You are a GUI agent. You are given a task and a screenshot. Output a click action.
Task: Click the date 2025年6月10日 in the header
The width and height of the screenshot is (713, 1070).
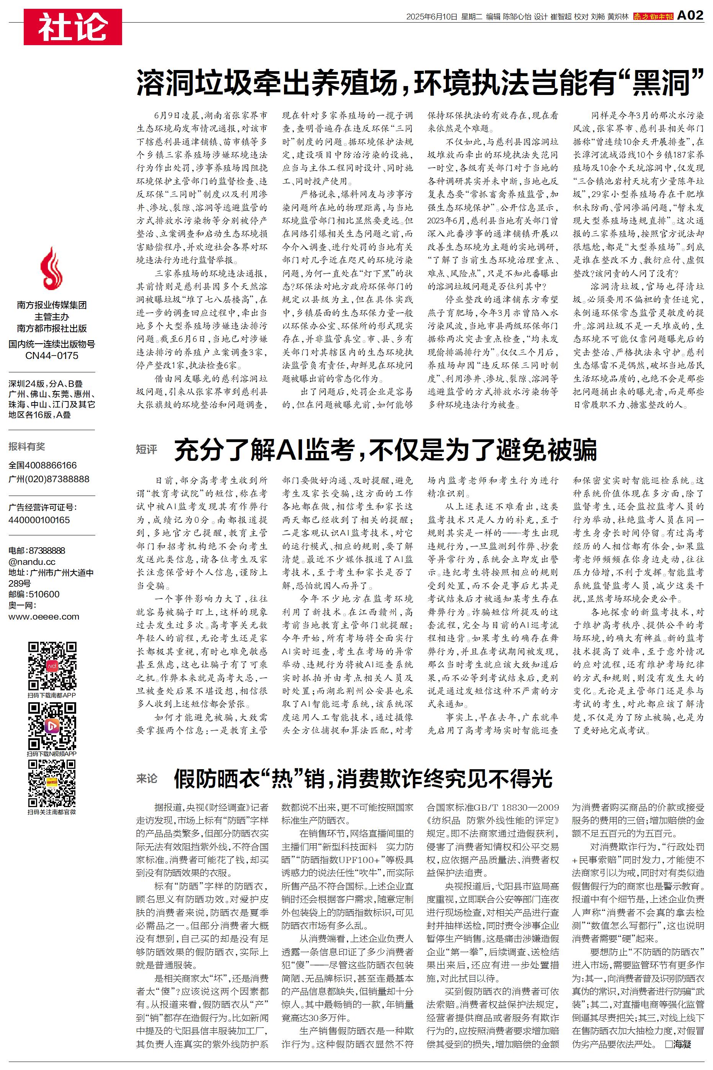pyautogui.click(x=432, y=17)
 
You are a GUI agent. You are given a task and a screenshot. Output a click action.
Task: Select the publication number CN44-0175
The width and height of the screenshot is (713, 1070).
pyautogui.click(x=52, y=356)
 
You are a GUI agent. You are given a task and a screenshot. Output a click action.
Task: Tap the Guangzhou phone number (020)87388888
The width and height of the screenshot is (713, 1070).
pyautogui.click(x=49, y=479)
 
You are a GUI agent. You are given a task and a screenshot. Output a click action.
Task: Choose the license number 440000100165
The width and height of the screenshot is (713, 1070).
pyautogui.click(x=39, y=520)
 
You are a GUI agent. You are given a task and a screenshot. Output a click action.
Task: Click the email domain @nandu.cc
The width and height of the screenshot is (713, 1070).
pyautogui.click(x=32, y=562)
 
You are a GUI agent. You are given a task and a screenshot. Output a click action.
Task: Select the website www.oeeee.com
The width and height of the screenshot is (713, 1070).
pyautogui.click(x=44, y=617)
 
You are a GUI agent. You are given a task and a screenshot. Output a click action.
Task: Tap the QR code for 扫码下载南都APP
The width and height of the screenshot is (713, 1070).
pyautogui.click(x=52, y=666)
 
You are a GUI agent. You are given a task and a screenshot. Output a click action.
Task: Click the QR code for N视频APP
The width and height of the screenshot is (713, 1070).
pyautogui.click(x=52, y=726)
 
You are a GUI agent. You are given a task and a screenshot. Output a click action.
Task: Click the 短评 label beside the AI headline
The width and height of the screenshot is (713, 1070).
pyautogui.click(x=147, y=450)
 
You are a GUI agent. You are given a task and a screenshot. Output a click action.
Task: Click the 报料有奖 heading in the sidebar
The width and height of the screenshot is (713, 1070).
pyautogui.click(x=27, y=446)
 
